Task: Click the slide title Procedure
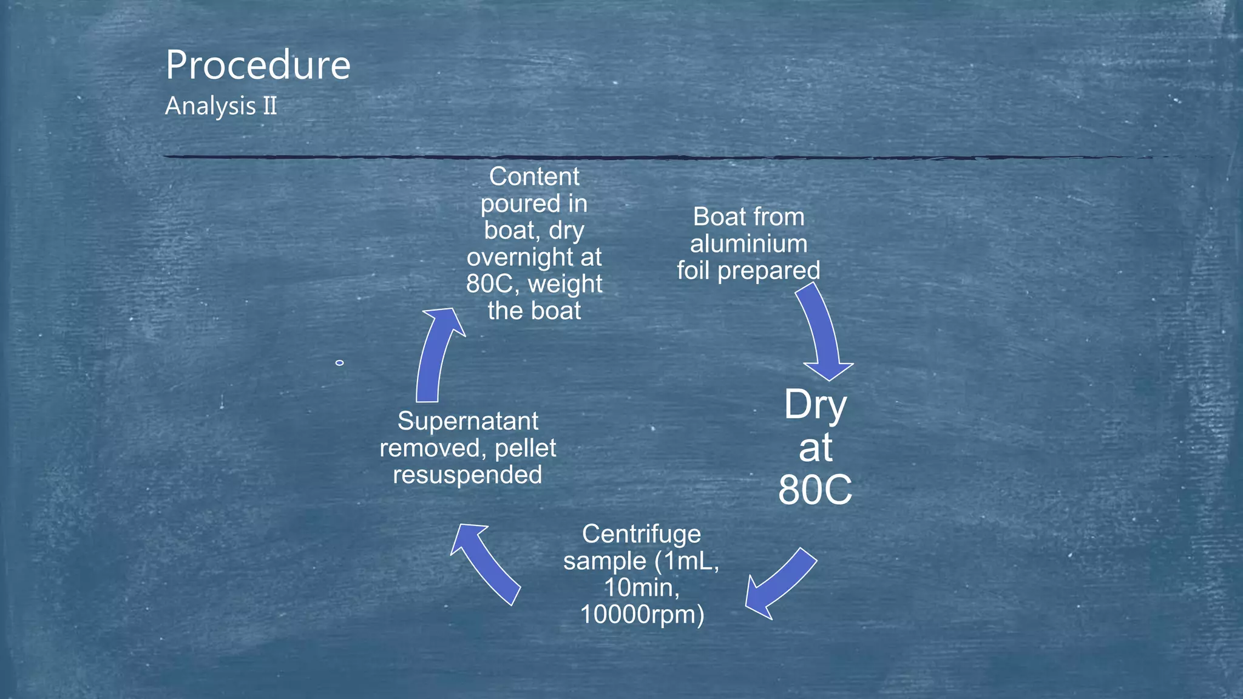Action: click(x=258, y=66)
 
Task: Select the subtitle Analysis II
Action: click(x=221, y=106)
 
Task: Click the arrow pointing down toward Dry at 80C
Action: click(x=822, y=334)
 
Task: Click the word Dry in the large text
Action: click(x=815, y=405)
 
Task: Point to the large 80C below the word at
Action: click(x=815, y=490)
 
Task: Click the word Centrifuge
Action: click(x=642, y=534)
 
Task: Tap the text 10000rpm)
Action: click(x=642, y=615)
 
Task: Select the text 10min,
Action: click(x=642, y=587)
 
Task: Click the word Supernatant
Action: click(x=467, y=421)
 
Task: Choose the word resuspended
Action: click(x=467, y=474)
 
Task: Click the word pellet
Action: click(x=526, y=448)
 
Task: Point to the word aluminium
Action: click(x=748, y=244)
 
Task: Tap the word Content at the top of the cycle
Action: click(x=534, y=177)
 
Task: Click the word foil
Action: click(x=693, y=271)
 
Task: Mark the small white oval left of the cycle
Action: click(x=339, y=363)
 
